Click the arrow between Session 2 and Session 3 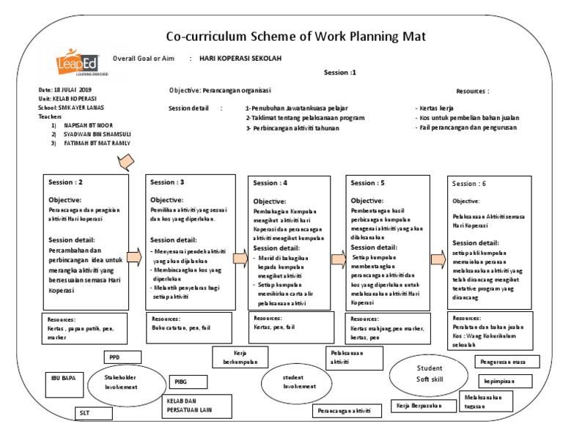point(135,256)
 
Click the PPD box point(114,357)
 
